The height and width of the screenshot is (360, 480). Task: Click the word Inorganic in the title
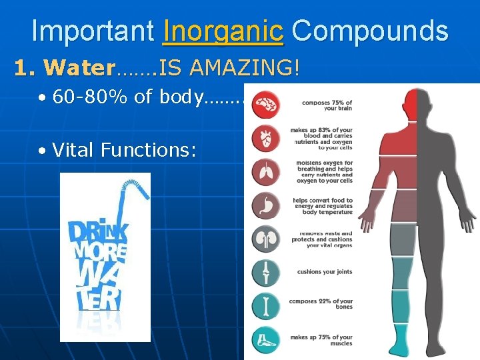223,31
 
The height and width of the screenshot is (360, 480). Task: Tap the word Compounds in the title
370,31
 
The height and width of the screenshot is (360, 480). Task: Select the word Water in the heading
79,68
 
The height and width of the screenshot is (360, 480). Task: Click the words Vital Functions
124,150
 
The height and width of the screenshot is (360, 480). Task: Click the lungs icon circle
266,172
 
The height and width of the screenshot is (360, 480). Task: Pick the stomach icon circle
266,205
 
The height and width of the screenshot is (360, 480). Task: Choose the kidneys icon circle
266,239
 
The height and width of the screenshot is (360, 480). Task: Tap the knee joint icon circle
266,272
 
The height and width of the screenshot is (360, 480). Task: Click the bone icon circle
266,305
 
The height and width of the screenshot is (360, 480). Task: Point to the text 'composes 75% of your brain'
327,105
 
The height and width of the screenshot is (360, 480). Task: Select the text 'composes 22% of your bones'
321,305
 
